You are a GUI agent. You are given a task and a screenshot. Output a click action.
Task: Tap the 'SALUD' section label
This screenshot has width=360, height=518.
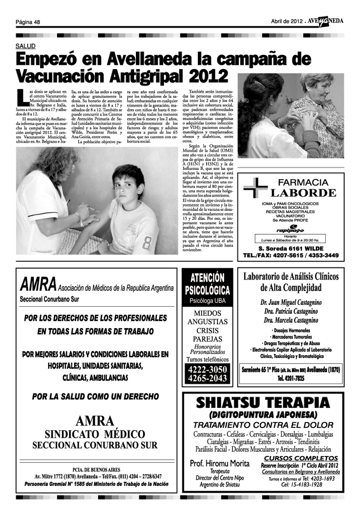pos(25,46)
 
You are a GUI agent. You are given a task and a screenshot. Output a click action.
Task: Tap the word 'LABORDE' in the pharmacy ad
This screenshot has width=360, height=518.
pos(303,193)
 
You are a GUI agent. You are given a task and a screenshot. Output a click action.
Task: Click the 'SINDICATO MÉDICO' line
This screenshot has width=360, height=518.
pos(94,435)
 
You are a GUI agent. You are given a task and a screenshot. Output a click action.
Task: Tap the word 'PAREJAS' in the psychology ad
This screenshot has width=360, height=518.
pos(207,339)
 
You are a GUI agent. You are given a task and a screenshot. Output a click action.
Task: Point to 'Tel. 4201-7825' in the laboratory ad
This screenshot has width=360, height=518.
pos(291,379)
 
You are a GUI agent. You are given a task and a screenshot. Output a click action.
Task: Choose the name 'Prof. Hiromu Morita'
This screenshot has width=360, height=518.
pos(220,463)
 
